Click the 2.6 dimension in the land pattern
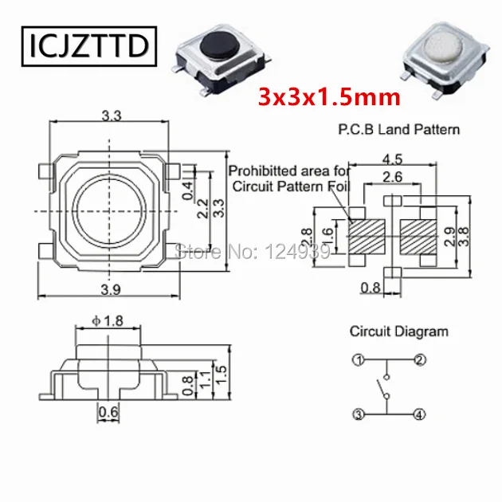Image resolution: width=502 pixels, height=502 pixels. (x=391, y=176)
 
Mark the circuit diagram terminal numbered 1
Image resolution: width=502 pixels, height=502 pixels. (x=359, y=361)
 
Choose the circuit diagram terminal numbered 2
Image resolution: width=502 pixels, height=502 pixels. (x=419, y=361)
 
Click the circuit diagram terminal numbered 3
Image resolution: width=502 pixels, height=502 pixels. (x=359, y=414)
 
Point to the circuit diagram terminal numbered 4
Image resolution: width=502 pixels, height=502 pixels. (x=419, y=414)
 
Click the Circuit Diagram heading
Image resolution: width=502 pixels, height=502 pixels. (x=398, y=331)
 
